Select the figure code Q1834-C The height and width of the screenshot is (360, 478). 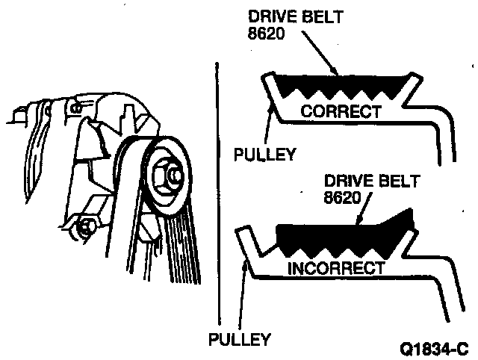click(432, 347)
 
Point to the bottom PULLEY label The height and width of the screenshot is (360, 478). click(240, 339)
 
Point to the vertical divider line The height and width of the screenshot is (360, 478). click(215, 194)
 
